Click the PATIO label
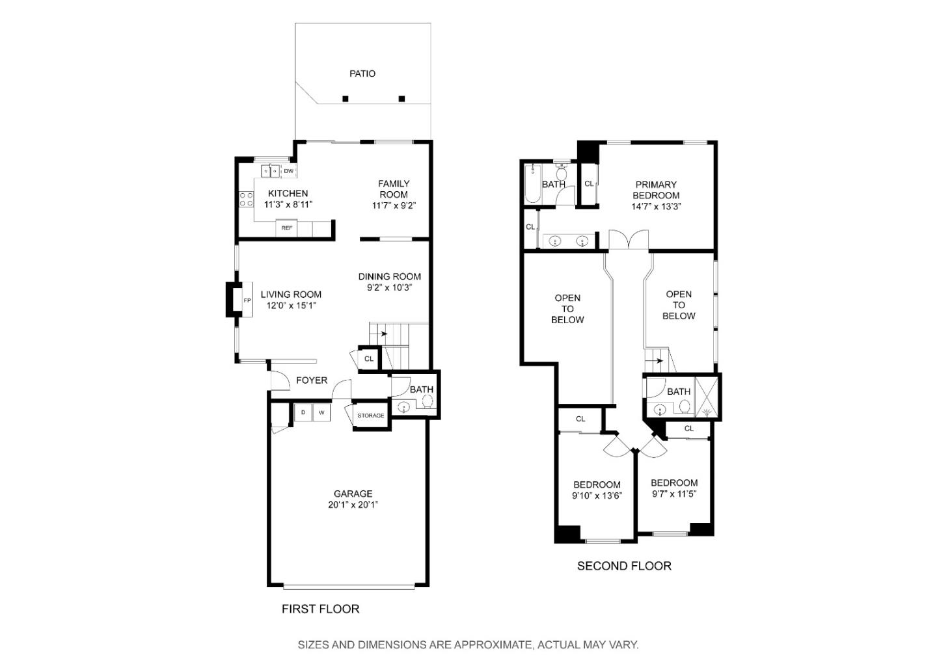pos(362,73)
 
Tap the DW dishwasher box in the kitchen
pos(288,171)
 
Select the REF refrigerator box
pos(287,228)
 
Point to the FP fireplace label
pos(247,300)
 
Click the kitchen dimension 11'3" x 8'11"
pos(288,204)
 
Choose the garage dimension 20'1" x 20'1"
pos(353,505)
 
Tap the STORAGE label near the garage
pos(370,416)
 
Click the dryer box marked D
pos(303,412)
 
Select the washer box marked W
pos(321,412)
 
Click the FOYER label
pos(312,380)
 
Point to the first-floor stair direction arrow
pos(383,334)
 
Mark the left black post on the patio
pos(346,99)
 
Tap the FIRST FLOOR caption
pos(320,609)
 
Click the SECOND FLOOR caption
pos(624,566)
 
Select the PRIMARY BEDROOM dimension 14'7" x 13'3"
pos(656,206)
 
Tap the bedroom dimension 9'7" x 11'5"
pos(674,494)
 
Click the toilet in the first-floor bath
pos(428,402)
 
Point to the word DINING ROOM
pos(389,276)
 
